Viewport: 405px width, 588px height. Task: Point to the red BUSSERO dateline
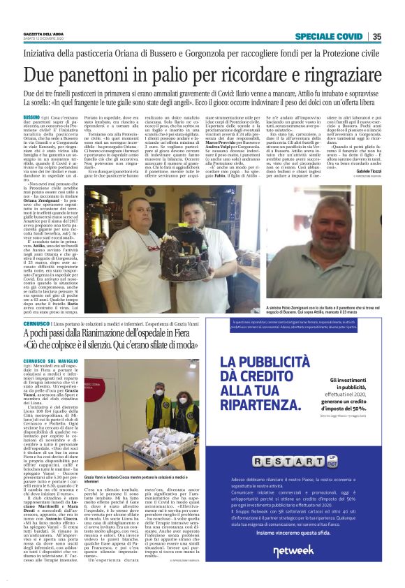[x=32, y=116]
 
